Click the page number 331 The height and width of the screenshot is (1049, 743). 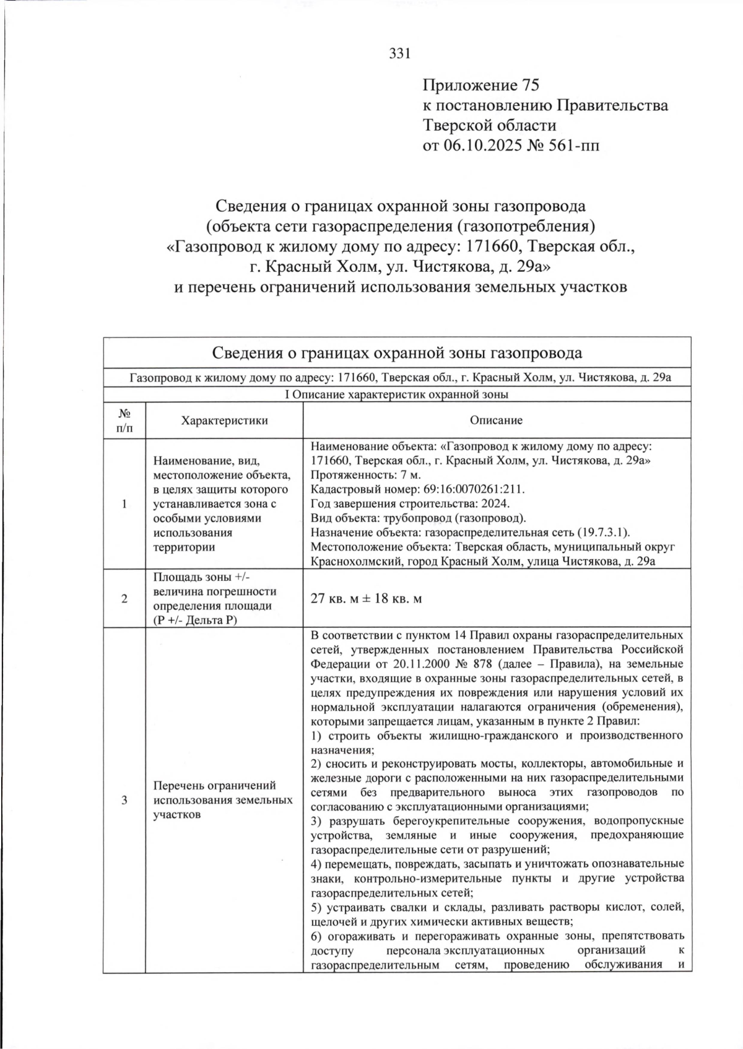click(x=399, y=54)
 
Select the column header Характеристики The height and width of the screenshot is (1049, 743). click(x=224, y=420)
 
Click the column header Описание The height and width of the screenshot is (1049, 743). click(x=496, y=420)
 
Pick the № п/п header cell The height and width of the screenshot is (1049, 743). click(x=124, y=420)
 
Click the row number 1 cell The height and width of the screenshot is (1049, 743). click(x=124, y=504)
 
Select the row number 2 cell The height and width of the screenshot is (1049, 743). click(x=124, y=599)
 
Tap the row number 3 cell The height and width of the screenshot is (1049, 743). click(x=124, y=800)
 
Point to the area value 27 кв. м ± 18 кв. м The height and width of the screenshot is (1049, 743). click(x=366, y=599)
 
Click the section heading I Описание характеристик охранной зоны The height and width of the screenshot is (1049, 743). click(x=397, y=394)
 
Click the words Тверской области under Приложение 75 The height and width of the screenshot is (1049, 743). click(x=489, y=125)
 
